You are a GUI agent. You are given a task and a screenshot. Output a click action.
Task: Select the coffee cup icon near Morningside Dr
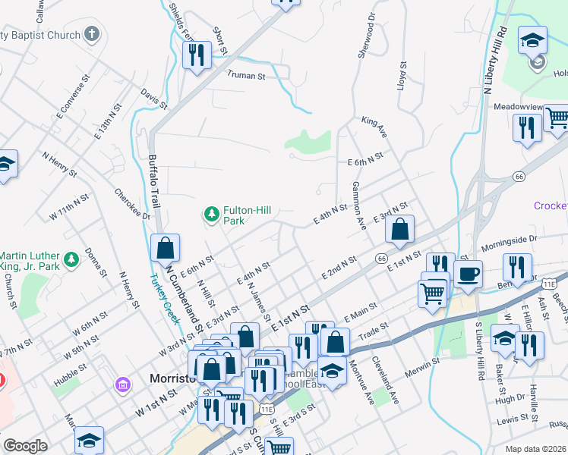pos(469,274)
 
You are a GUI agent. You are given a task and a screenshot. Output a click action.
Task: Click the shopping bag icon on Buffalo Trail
pos(165,247)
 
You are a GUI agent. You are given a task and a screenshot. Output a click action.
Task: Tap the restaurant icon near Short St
pos(197,54)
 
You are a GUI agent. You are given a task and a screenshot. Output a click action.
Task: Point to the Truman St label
pos(246,76)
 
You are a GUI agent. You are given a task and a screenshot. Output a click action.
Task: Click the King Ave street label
pos(374,127)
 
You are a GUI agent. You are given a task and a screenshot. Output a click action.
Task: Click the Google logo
pos(25,446)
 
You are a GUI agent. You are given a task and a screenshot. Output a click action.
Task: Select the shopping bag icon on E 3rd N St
pos(399,229)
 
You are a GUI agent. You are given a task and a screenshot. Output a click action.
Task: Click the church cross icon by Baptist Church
pos(92,34)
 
